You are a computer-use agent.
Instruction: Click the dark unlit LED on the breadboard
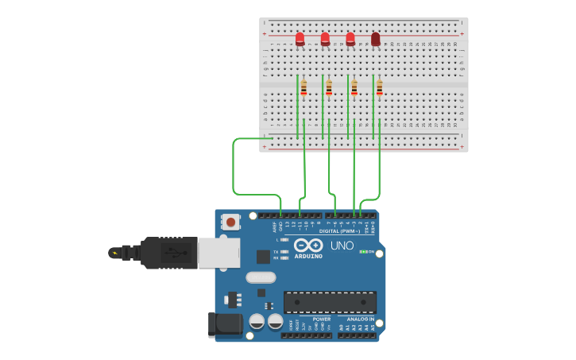[376, 38]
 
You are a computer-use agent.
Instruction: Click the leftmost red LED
[300, 38]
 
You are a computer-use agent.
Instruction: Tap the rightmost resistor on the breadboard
[380, 87]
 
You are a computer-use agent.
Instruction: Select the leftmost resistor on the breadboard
[303, 87]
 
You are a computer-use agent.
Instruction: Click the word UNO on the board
[342, 246]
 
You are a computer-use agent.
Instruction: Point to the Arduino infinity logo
[308, 246]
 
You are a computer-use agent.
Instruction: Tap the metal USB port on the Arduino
[218, 254]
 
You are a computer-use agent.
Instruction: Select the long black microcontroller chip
[330, 302]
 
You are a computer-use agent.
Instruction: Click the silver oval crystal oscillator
[261, 277]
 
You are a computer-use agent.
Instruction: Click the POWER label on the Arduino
[322, 319]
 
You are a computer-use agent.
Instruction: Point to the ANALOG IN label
[360, 319]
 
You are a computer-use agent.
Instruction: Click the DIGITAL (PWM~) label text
[339, 231]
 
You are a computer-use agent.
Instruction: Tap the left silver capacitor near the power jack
[257, 322]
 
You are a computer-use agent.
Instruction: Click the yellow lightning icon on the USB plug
[115, 254]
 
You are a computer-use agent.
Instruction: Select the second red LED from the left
[325, 38]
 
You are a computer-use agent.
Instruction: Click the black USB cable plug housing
[168, 254]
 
